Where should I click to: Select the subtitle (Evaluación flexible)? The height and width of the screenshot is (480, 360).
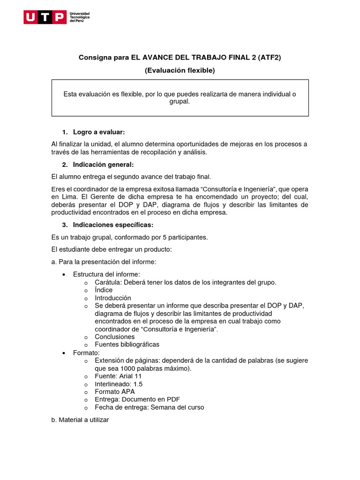[180, 70]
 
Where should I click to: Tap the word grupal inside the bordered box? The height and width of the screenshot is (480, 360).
[180, 101]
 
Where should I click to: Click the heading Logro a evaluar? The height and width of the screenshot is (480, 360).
[99, 132]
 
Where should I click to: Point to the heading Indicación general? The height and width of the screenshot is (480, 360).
[103, 165]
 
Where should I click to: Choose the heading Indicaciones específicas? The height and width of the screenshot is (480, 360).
[113, 225]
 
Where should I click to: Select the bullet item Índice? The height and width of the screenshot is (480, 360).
[104, 290]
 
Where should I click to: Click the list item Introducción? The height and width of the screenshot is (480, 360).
[113, 298]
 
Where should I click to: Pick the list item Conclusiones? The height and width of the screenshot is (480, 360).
[114, 337]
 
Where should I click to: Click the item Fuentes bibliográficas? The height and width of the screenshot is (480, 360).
[127, 345]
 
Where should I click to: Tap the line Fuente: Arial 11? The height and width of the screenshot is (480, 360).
[118, 376]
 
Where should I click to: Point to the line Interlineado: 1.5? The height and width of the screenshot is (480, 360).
[119, 384]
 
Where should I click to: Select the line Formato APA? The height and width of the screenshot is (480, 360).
[114, 391]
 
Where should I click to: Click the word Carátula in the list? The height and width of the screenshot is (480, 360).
[108, 282]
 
